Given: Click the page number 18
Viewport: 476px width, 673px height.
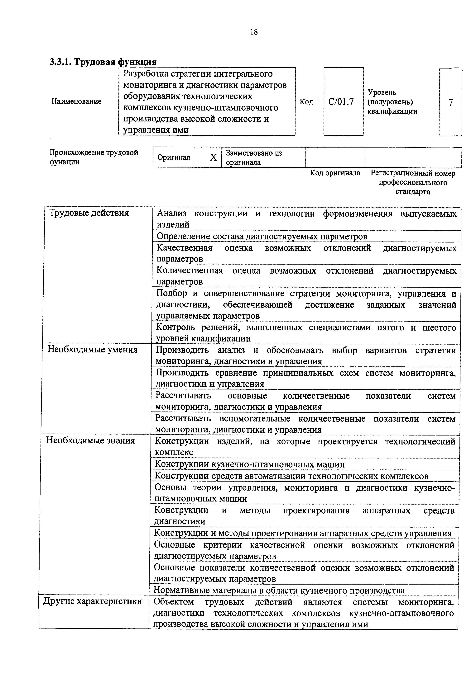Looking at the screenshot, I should click(254, 32).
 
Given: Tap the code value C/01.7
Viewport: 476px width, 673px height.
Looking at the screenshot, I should click(341, 102).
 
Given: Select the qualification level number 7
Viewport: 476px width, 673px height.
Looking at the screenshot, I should click(450, 102).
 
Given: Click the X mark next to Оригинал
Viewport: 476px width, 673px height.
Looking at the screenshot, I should click(214, 158).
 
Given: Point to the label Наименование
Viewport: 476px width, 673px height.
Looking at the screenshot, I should click(77, 101).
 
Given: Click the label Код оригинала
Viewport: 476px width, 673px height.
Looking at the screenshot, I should click(335, 173).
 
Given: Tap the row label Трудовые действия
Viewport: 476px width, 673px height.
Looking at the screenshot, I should click(89, 213).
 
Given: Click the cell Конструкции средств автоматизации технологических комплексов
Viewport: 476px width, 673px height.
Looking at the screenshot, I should click(291, 476).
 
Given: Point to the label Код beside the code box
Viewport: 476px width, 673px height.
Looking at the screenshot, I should click(306, 102).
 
